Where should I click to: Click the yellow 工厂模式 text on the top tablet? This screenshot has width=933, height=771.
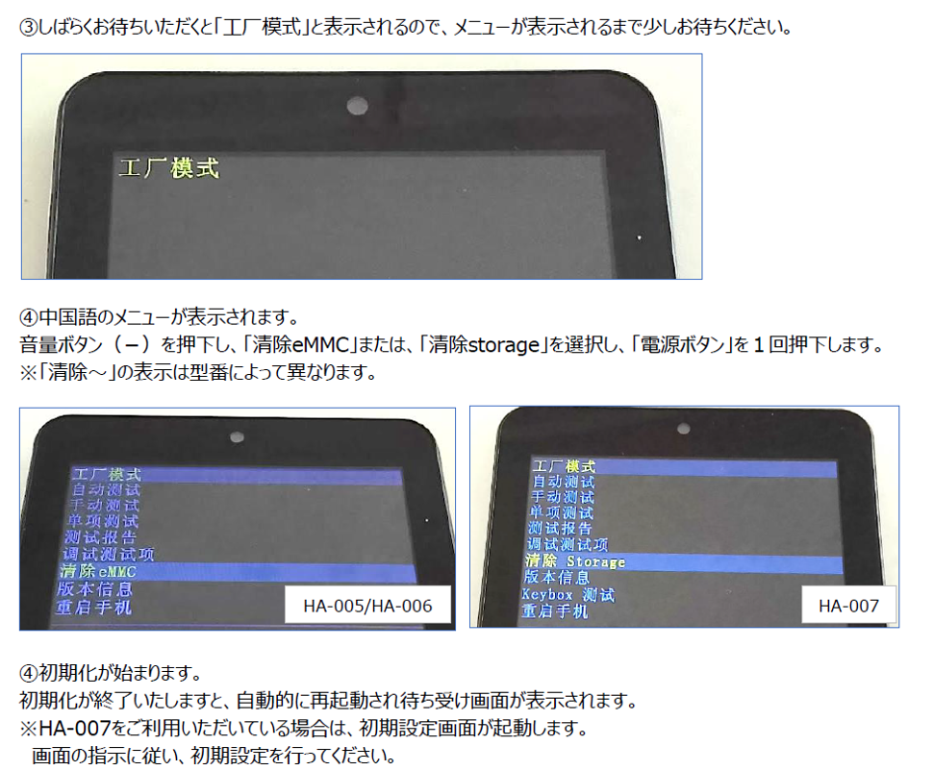pyautogui.click(x=168, y=169)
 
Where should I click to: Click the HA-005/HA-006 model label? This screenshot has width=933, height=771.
pyautogui.click(x=367, y=606)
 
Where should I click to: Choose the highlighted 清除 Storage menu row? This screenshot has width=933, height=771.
pyautogui.click(x=574, y=560)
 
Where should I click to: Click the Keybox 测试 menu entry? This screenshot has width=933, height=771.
pyautogui.click(x=567, y=594)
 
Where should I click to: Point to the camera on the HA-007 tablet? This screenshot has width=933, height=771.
pyautogui.click(x=683, y=428)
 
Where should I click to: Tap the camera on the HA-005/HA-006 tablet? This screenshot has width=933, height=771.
pyautogui.click(x=237, y=437)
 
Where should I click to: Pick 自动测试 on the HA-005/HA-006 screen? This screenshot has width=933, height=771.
pyautogui.click(x=105, y=490)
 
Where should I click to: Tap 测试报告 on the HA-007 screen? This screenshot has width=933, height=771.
pyautogui.click(x=561, y=528)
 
